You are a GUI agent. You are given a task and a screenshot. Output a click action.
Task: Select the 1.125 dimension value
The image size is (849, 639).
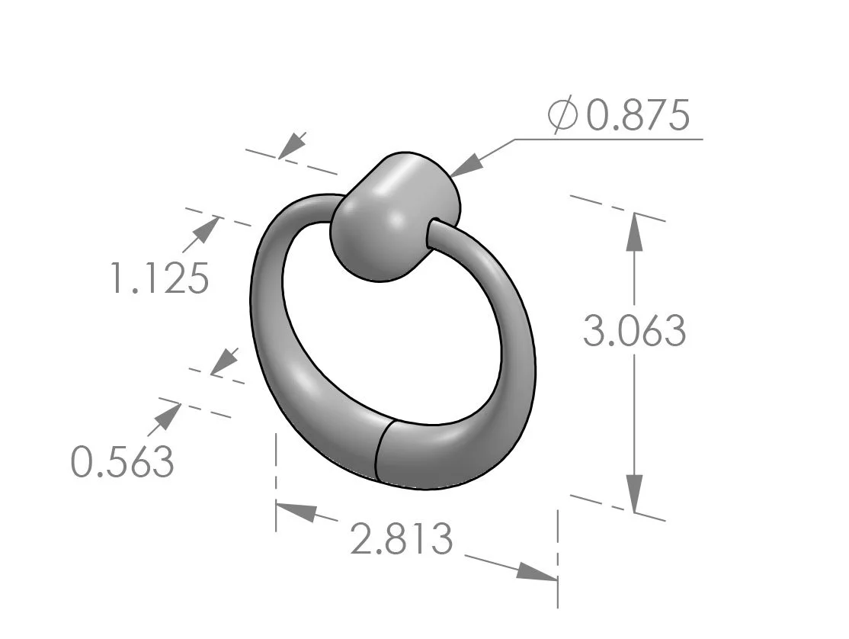click(159, 278)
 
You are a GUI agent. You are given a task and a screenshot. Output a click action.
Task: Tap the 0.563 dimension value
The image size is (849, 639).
click(123, 461)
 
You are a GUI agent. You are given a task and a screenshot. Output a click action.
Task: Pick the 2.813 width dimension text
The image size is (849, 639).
click(402, 540)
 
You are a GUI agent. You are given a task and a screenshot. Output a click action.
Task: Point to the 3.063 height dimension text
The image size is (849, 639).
click(634, 331)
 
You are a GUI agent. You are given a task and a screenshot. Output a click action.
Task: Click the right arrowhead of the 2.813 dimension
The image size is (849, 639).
click(537, 573)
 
